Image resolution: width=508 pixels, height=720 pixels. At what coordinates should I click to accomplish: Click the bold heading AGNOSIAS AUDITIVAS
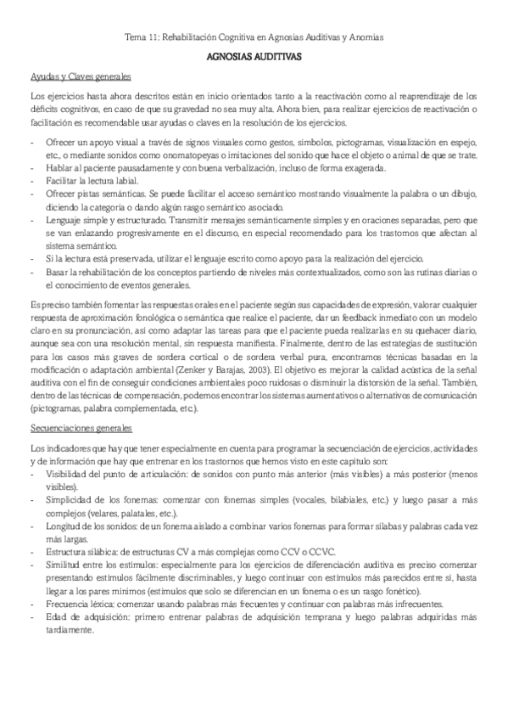tap(254, 56)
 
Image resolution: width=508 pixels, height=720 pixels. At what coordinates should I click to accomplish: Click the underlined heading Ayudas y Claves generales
tap(75, 76)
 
